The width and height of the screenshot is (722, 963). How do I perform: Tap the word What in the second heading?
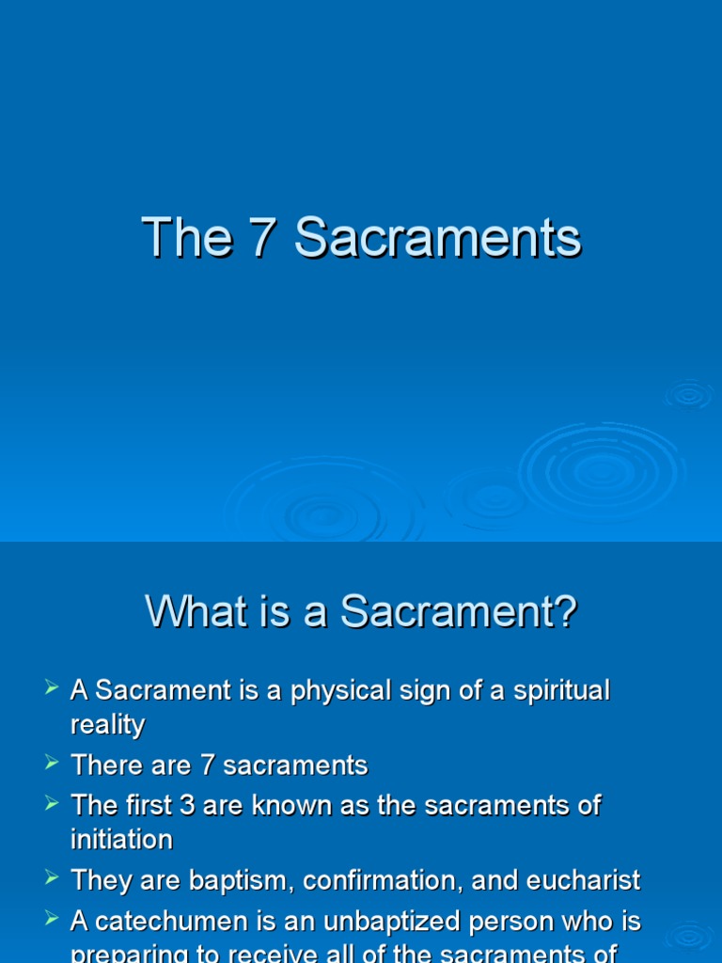coord(195,613)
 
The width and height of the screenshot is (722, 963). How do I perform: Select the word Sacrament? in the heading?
coord(458,613)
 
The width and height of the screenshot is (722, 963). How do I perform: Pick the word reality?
coord(108,725)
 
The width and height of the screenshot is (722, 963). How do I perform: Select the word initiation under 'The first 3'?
coord(121,839)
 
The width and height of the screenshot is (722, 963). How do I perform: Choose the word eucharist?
coord(582,881)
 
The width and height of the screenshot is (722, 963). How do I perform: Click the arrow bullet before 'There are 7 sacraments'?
coord(52,764)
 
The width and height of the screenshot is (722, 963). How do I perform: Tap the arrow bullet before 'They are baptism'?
coord(52,879)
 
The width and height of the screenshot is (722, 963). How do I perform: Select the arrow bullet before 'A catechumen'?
coord(52,920)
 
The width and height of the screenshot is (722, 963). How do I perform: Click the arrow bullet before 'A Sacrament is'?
coord(52,689)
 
